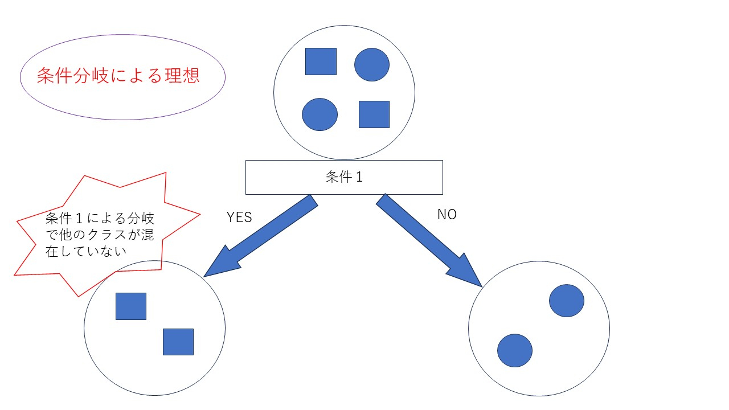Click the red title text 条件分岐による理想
tap(118, 76)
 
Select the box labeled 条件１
tap(344, 177)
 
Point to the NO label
tap(447, 215)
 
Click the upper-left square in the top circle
tap(321, 61)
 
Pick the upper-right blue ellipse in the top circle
tap(372, 64)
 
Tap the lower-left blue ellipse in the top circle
tap(320, 114)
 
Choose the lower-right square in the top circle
tap(374, 114)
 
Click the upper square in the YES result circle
tap(131, 306)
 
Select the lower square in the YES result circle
tap(178, 342)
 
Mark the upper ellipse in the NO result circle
tap(567, 301)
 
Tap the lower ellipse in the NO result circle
tap(515, 350)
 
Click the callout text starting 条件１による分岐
tap(100, 219)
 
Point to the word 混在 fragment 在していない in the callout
tap(85, 251)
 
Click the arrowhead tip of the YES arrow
tap(205, 276)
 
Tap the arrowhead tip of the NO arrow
tap(481, 286)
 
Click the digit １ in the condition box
tap(359, 177)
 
